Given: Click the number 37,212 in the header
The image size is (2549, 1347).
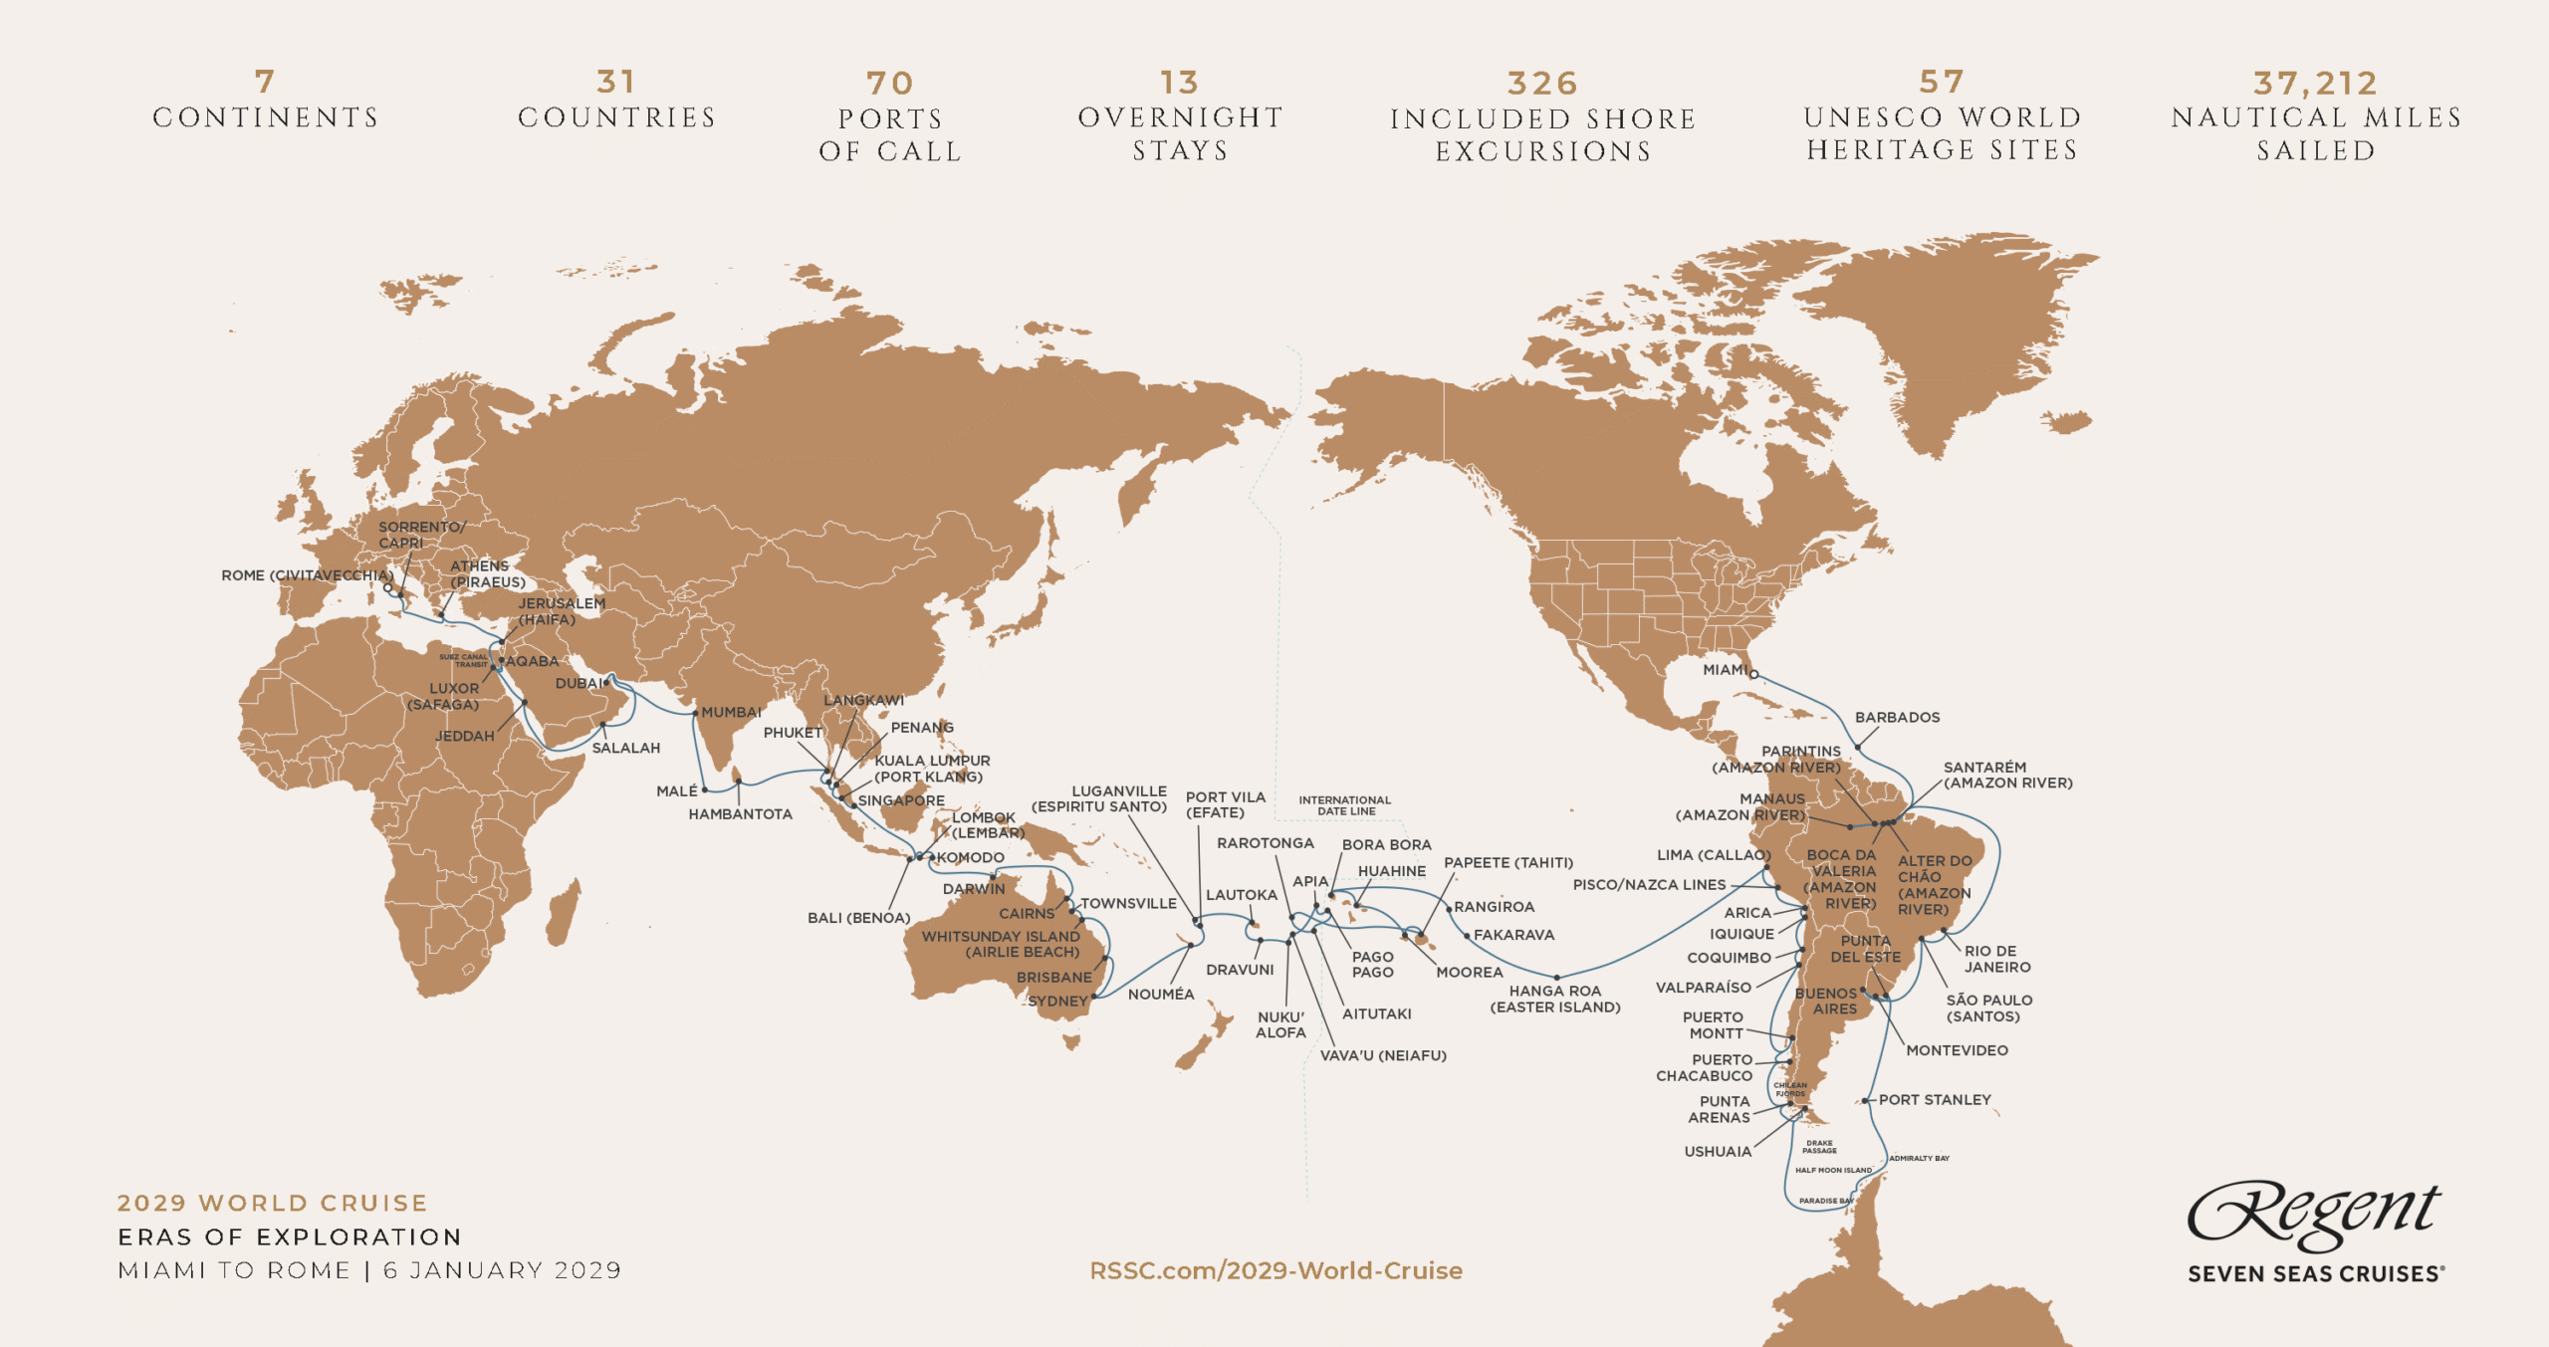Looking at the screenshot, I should [2315, 84].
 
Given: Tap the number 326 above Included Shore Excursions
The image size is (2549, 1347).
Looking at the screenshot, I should [1542, 84].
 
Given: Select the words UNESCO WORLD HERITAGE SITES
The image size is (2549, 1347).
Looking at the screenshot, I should [1942, 133].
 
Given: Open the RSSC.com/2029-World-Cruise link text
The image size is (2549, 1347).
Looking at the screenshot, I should [1275, 1270].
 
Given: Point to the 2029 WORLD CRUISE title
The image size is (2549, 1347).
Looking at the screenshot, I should [272, 1203].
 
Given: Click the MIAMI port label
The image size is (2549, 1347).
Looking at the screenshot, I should [1725, 670].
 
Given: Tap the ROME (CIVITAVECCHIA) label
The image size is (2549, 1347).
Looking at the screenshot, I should [307, 575].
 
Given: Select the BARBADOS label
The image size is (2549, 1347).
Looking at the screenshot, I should [1897, 717].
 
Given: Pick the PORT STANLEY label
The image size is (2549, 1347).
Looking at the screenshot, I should [1934, 1099].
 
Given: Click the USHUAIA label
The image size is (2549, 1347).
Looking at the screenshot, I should [1717, 1151].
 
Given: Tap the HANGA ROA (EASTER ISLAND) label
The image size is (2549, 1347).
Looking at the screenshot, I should [1554, 999].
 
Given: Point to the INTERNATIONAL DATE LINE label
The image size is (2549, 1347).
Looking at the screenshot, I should [1344, 805].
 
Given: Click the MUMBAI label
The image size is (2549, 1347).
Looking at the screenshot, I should [731, 712].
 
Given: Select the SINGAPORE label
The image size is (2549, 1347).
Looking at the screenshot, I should [900, 800].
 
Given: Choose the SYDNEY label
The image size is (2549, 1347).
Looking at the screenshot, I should [1057, 1001].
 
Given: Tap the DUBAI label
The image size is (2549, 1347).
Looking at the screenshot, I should [578, 683].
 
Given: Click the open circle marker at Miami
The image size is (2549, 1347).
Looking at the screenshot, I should [1754, 675].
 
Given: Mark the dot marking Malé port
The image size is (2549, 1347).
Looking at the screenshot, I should [705, 789].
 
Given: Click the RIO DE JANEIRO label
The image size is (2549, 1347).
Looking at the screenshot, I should [1996, 959].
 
